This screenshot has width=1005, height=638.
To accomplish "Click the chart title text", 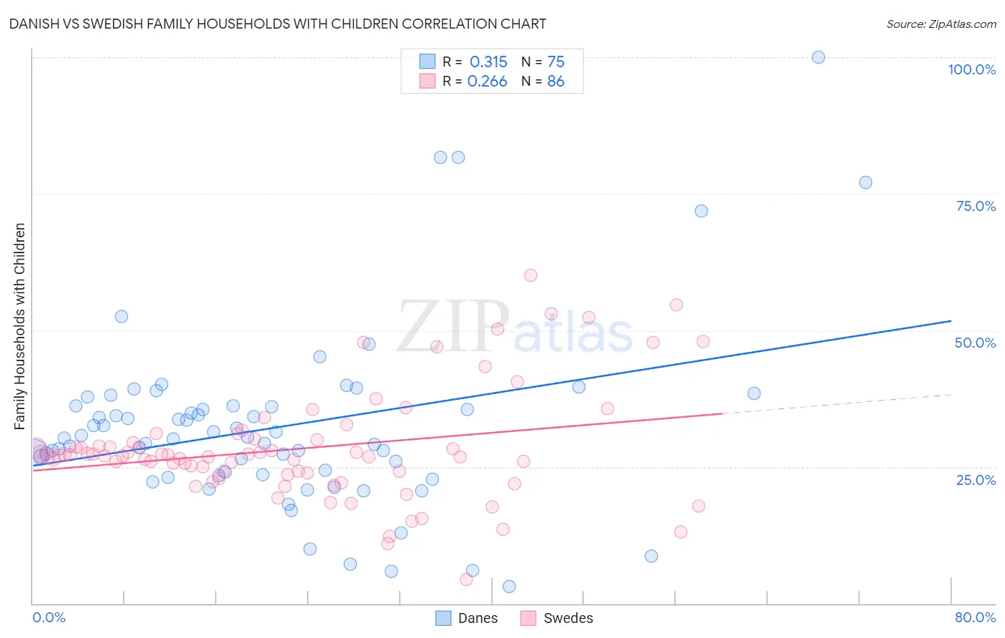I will pyautogui.click(x=277, y=24).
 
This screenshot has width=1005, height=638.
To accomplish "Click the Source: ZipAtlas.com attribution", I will pyautogui.click(x=941, y=24).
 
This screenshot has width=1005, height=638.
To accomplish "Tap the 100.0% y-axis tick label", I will pyautogui.click(x=971, y=69).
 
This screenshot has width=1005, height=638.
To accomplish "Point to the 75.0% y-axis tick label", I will pyautogui.click(x=976, y=206).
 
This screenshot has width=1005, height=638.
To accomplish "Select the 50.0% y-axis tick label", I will pyautogui.click(x=975, y=343).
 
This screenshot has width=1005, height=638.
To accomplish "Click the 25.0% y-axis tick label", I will pyautogui.click(x=976, y=479).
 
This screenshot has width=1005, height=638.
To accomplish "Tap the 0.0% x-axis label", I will pyautogui.click(x=49, y=617).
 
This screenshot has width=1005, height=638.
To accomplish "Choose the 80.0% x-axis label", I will pyautogui.click(x=975, y=617).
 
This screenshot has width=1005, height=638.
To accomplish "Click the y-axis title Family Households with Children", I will pyautogui.click(x=20, y=326).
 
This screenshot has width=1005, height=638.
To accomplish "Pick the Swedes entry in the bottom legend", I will pyautogui.click(x=557, y=618).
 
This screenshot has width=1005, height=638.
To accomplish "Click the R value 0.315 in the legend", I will pyautogui.click(x=488, y=62).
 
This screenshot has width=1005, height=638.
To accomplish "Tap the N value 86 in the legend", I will pyautogui.click(x=555, y=82).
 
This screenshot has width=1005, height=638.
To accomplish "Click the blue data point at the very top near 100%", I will pyautogui.click(x=818, y=57).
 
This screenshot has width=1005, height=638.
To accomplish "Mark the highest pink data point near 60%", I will pyautogui.click(x=530, y=275).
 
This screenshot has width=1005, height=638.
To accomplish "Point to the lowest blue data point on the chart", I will pyautogui.click(x=509, y=587).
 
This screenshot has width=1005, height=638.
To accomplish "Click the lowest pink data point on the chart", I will pyautogui.click(x=466, y=579).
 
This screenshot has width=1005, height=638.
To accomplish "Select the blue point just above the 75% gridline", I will pyautogui.click(x=866, y=182).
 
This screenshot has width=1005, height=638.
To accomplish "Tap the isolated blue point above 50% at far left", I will pyautogui.click(x=122, y=316).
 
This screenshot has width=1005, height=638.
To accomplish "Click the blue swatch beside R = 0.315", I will pyautogui.click(x=427, y=62).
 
